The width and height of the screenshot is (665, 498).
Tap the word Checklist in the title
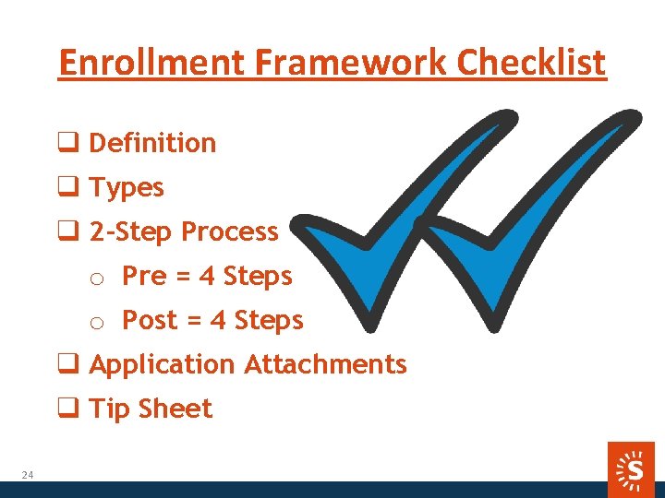click(x=532, y=63)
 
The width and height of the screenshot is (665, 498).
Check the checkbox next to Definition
click(x=68, y=144)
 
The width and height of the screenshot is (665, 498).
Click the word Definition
click(x=152, y=143)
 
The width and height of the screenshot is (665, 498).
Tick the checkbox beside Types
click(x=68, y=188)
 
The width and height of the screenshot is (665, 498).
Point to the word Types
click(x=127, y=188)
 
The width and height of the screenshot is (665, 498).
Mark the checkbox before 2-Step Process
click(x=68, y=232)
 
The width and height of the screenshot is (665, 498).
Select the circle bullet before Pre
click(x=95, y=279)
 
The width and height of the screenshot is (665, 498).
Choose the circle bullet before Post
click(x=95, y=323)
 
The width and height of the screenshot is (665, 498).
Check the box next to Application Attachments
click(x=68, y=365)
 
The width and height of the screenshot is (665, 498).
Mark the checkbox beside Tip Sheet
click(x=68, y=409)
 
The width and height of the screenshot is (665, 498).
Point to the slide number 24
click(x=28, y=475)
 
